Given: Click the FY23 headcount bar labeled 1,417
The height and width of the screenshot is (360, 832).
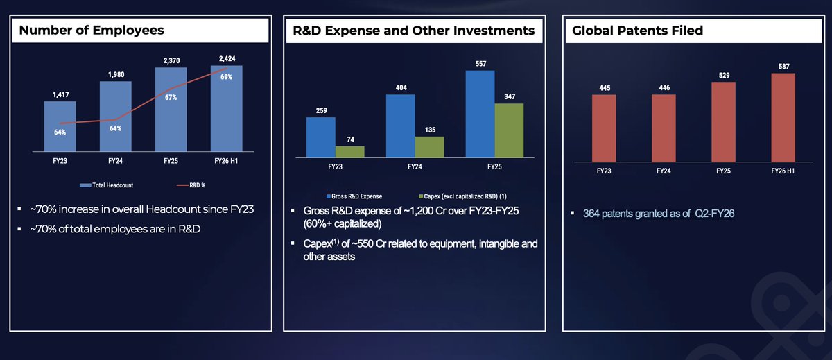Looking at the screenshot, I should [x=60, y=127].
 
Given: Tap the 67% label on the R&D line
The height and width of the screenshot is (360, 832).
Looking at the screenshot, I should [x=171, y=98].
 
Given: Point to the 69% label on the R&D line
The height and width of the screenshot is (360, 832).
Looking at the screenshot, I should [x=226, y=76].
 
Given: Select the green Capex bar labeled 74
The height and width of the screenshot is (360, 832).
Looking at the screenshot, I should [x=349, y=151].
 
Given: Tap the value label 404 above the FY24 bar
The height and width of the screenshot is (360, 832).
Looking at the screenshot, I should [x=401, y=88].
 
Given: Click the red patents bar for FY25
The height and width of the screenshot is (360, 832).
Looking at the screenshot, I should [x=723, y=121].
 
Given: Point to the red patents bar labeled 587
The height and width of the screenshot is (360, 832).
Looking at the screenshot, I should [x=783, y=117].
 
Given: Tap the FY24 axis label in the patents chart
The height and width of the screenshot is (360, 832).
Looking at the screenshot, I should [x=663, y=170].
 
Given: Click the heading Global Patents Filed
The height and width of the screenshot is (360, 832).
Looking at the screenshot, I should [x=637, y=31].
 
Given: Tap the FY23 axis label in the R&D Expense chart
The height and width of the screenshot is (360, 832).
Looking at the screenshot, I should [x=336, y=166].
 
